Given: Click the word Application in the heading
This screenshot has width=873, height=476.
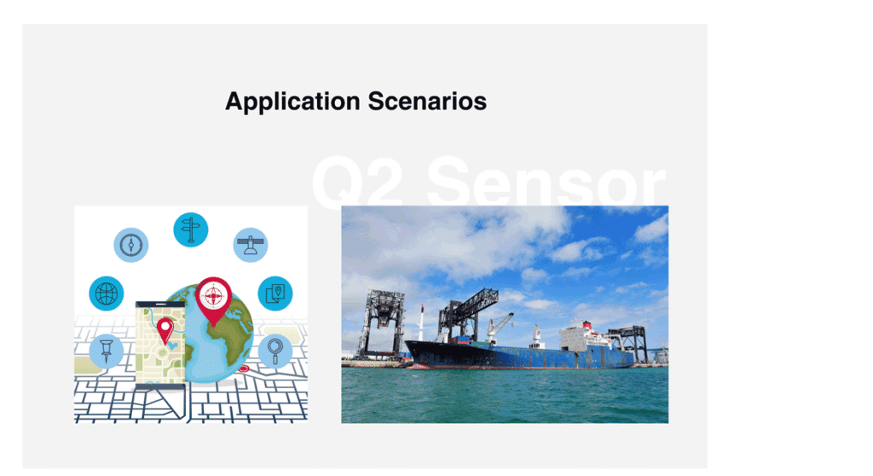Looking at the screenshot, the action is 292,102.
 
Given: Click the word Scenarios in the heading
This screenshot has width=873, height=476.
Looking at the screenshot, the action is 427,102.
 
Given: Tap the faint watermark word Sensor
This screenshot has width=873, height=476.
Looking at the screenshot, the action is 546,182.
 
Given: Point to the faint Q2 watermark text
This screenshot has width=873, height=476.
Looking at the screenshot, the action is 357,182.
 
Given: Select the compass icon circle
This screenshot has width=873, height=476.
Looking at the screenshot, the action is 130,245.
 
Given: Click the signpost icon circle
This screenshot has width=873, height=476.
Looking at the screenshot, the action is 190,229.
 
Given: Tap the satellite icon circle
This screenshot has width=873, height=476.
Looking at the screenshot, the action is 251,245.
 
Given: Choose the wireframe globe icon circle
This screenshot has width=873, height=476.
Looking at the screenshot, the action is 107,293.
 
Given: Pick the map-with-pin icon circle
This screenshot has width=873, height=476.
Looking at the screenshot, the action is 275,293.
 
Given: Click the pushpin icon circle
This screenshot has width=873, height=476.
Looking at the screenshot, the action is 107,351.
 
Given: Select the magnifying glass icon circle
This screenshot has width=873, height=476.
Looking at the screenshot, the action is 275,351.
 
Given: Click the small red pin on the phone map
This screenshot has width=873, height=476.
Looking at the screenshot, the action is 165,331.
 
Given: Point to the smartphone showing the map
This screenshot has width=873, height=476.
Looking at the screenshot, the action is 160,345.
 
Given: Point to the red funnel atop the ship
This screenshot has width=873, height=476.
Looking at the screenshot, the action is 587,324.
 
